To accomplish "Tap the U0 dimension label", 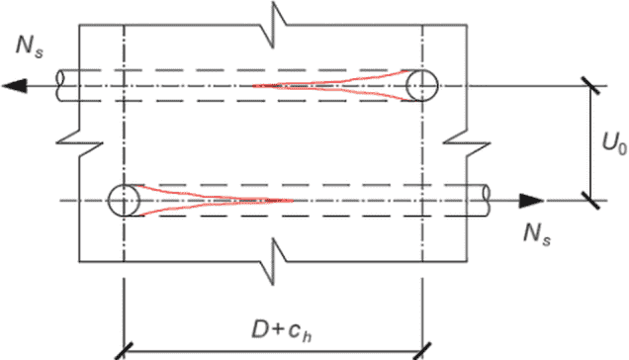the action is click(x=614, y=142).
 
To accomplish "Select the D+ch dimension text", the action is click(x=282, y=331).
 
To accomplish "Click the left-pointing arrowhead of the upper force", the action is click(x=15, y=86).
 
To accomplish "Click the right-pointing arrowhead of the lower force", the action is click(x=531, y=201).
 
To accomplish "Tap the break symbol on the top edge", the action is click(x=274, y=25).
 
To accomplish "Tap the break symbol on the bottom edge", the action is click(x=274, y=262).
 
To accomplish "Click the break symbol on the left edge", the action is click(x=79, y=142).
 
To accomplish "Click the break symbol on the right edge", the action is click(x=467, y=142).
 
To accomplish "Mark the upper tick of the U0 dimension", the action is click(x=590, y=86).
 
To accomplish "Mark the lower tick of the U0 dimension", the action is click(x=590, y=201).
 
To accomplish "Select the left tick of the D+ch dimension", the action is click(x=125, y=351).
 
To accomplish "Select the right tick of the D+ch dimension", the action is click(x=422, y=351).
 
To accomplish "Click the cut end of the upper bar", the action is click(x=60, y=86).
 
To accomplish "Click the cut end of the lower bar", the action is click(x=487, y=201).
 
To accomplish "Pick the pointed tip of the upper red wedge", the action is click(x=253, y=85).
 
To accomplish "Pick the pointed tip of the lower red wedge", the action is click(x=294, y=200).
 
